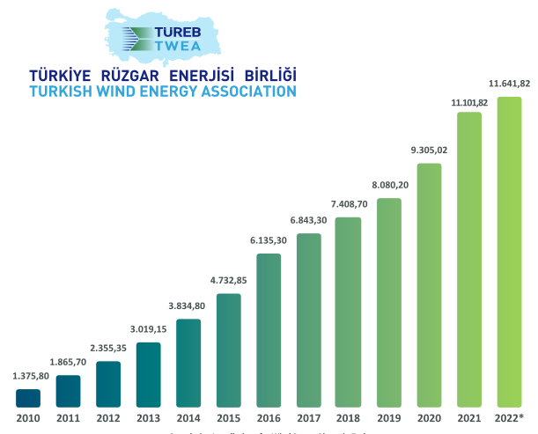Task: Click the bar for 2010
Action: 28,399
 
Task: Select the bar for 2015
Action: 229,350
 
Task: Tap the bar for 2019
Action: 389,303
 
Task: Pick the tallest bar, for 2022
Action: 510,253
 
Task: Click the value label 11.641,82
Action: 510,84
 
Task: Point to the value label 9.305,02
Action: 429,150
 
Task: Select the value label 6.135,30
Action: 269,239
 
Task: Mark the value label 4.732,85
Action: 229,281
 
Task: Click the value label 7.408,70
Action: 349,204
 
